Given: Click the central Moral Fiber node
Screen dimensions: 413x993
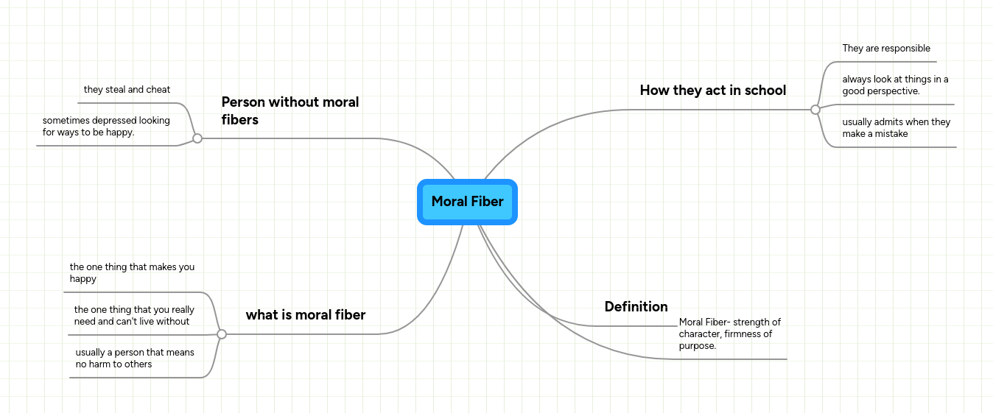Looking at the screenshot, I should (467, 202).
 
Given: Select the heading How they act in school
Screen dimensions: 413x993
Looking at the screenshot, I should (712, 91).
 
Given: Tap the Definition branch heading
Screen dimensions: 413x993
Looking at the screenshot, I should (636, 307).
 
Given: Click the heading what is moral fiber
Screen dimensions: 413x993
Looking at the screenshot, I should (305, 315).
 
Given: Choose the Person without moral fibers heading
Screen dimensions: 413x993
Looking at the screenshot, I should (290, 110).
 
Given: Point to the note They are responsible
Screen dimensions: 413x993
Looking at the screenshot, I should (886, 49).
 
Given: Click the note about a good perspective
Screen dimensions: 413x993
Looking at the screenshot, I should (895, 85).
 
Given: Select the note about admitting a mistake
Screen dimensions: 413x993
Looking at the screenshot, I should (896, 128).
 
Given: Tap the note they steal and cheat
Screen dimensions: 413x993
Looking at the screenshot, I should (127, 90).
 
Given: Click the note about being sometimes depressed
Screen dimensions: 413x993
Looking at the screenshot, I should (106, 127).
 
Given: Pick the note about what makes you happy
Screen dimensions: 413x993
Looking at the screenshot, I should (132, 273).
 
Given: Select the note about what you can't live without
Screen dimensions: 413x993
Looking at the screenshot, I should (134, 316).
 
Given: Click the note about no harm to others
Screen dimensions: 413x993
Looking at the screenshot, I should (135, 359).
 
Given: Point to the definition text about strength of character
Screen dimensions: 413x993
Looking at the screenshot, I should (729, 333).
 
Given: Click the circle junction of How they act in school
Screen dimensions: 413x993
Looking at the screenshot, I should (815, 110).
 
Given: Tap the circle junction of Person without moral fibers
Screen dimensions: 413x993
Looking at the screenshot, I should (197, 138).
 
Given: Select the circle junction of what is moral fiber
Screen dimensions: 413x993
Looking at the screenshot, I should (222, 334).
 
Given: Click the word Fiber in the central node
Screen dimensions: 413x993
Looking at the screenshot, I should (487, 202).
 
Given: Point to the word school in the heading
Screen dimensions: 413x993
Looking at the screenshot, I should (765, 91).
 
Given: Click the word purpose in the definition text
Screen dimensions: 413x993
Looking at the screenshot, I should (696, 346).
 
